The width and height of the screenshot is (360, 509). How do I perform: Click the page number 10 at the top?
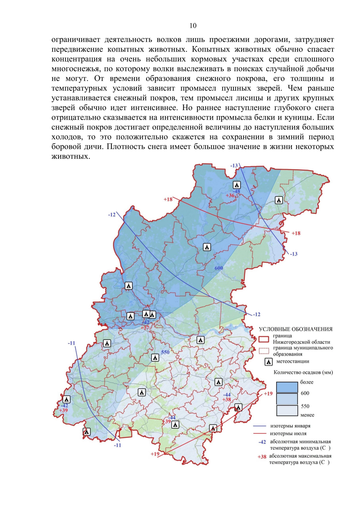193,26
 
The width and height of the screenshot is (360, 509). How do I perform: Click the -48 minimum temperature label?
236,191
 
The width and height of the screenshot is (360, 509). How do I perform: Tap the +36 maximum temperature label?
230,196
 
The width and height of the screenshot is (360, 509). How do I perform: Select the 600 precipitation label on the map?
219,268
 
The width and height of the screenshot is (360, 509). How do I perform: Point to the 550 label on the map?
165,352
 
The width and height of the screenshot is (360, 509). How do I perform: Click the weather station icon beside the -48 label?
237,185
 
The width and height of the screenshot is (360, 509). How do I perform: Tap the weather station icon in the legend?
268,362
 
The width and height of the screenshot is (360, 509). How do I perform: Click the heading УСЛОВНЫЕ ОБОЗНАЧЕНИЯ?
295,329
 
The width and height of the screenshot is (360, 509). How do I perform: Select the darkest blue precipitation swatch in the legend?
287,387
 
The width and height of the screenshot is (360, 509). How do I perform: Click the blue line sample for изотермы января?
260,426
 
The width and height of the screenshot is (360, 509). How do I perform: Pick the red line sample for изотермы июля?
260,433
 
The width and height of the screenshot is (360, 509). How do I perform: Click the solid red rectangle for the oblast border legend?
264,339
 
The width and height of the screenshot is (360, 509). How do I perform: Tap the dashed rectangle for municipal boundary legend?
264,351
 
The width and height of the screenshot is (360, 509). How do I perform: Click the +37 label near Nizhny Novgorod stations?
145,328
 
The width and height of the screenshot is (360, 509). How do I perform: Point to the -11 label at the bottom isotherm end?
117,445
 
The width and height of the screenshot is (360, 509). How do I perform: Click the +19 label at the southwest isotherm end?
155,454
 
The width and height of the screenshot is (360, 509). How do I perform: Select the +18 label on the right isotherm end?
296,233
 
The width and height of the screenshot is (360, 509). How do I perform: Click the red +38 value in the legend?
262,457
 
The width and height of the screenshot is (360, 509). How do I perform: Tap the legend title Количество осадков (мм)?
303,373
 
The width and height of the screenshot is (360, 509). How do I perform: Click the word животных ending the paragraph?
70,156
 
